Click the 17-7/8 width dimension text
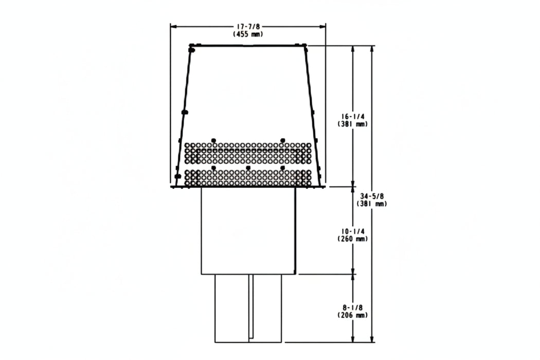248,27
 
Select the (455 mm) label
248,34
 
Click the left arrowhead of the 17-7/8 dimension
173,26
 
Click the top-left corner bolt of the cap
192,50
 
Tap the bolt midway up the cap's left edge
185,112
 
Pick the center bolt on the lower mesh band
248,168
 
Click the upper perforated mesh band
248,153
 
